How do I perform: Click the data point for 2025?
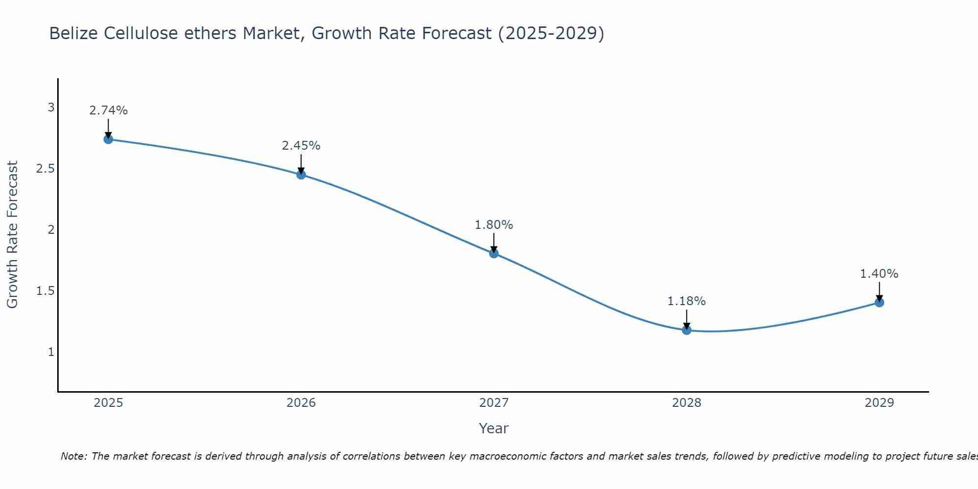click(108, 139)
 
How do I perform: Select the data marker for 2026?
click(301, 175)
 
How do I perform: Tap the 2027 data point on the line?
click(494, 253)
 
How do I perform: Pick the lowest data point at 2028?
click(687, 330)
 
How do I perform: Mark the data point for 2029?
click(879, 303)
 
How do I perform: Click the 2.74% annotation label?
click(108, 111)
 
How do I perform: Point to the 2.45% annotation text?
click(301, 146)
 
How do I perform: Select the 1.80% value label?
click(494, 225)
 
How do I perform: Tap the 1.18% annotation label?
click(687, 301)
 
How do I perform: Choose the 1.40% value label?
click(879, 274)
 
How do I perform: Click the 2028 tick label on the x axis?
click(687, 403)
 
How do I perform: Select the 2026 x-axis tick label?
click(301, 403)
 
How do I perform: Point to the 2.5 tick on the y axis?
click(45, 169)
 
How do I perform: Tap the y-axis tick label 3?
click(51, 108)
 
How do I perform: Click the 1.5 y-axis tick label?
click(45, 291)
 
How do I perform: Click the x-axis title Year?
click(494, 428)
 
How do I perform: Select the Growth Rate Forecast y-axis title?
click(12, 235)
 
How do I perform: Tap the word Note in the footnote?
click(73, 456)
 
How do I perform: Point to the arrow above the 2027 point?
click(494, 243)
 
